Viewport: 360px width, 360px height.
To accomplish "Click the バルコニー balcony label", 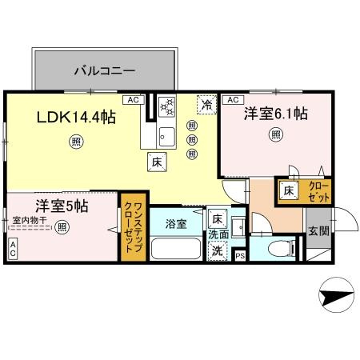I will click(x=104, y=70).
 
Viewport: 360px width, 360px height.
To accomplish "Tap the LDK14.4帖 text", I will click(x=77, y=117).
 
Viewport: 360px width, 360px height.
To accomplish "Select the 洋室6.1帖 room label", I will click(x=276, y=114).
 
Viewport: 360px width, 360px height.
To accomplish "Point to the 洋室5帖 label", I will click(x=62, y=206).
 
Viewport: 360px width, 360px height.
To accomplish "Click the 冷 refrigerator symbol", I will click(x=206, y=104).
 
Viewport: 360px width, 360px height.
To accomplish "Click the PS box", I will click(x=240, y=255).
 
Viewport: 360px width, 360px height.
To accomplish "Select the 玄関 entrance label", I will click(x=318, y=231).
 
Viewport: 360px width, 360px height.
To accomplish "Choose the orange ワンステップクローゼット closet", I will click(x=134, y=226).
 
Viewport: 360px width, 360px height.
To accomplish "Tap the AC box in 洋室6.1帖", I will click(x=233, y=100).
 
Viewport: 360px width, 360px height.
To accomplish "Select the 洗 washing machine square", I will click(x=217, y=251).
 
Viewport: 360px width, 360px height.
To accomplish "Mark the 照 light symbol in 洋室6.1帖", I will click(x=275, y=134).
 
